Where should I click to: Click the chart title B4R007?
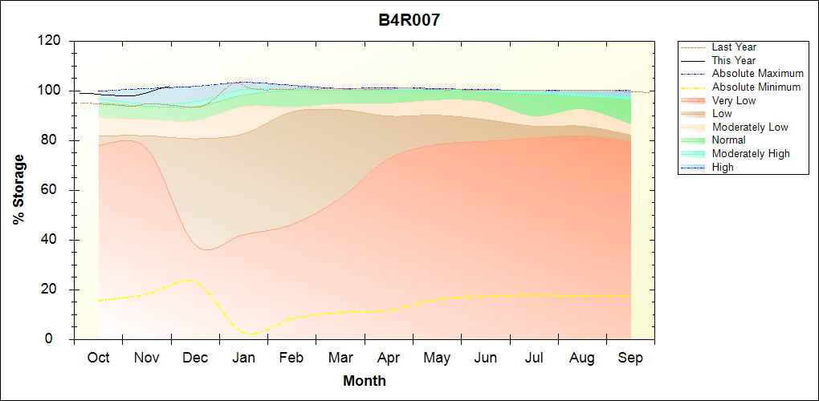409,20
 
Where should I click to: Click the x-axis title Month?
365,381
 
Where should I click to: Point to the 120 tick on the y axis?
52,41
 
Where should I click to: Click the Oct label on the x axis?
98,358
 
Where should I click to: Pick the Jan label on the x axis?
244,358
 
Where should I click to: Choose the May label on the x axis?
438,358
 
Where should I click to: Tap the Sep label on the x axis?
630,358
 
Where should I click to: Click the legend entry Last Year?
734,47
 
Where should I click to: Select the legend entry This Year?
734,61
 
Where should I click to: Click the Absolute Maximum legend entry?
757,74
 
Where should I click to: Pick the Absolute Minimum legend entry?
756,87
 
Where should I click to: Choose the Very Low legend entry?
734,101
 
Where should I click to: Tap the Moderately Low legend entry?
750,128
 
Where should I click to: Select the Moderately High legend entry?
751,154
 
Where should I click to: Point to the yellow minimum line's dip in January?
252,334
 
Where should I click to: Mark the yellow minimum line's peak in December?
188,280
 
